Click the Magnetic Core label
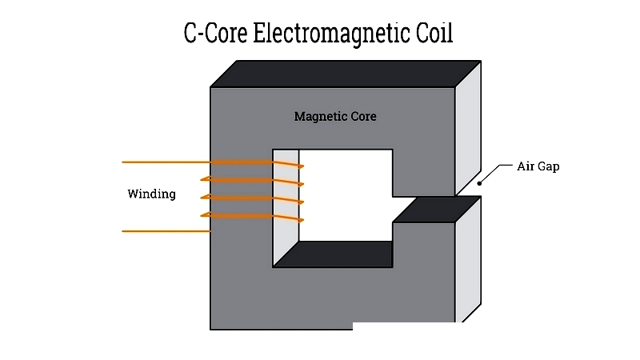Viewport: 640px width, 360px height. pyautogui.click(x=335, y=117)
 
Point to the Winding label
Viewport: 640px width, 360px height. pyautogui.click(x=151, y=194)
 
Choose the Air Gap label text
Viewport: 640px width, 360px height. pyautogui.click(x=538, y=167)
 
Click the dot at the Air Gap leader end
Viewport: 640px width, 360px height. pyautogui.click(x=480, y=183)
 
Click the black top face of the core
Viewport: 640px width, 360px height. pyautogui.click(x=344, y=74)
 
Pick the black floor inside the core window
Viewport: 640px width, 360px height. pyautogui.click(x=336, y=254)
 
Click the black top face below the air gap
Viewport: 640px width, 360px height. pyautogui.click(x=432, y=210)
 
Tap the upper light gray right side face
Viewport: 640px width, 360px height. pyautogui.click(x=467, y=128)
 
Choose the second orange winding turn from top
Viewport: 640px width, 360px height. pyautogui.click(x=248, y=179)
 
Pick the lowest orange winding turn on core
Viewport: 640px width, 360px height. pyautogui.click(x=248, y=215)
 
